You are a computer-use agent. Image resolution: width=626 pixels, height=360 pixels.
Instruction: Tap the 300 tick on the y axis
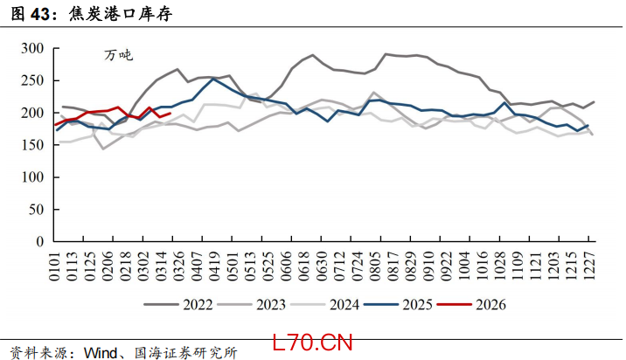(31, 49)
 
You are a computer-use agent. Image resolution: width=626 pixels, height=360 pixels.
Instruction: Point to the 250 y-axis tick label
(31, 81)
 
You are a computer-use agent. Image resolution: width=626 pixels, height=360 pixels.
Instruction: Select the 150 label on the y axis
(31, 145)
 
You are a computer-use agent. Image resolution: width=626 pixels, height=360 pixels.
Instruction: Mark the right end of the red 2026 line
(170, 114)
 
